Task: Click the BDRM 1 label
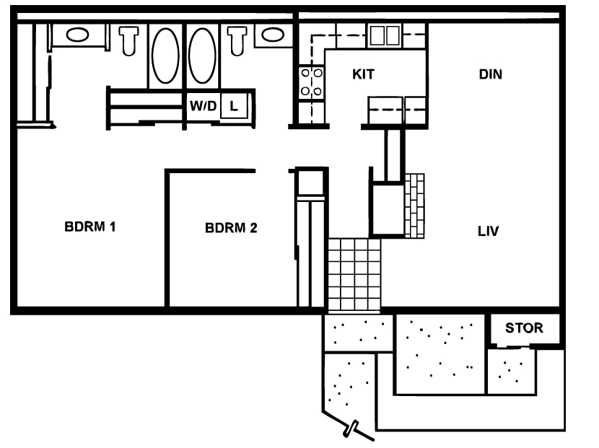pos(90,227)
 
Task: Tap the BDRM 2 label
pos(231,228)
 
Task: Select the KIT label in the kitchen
pos(363,74)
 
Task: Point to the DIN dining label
pos(490,74)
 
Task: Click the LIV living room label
pos(489,232)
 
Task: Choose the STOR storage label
pos(523,328)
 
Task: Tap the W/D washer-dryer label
pos(203,105)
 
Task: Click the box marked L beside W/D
pos(233,105)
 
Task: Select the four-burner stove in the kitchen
pos(312,82)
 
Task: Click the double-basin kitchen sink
pos(385,35)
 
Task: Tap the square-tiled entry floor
pos(354,274)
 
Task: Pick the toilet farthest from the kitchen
pos(129,40)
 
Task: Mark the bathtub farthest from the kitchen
pos(165,56)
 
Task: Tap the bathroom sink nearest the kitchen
pos(272,34)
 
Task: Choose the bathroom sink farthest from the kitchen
pos(77,34)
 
